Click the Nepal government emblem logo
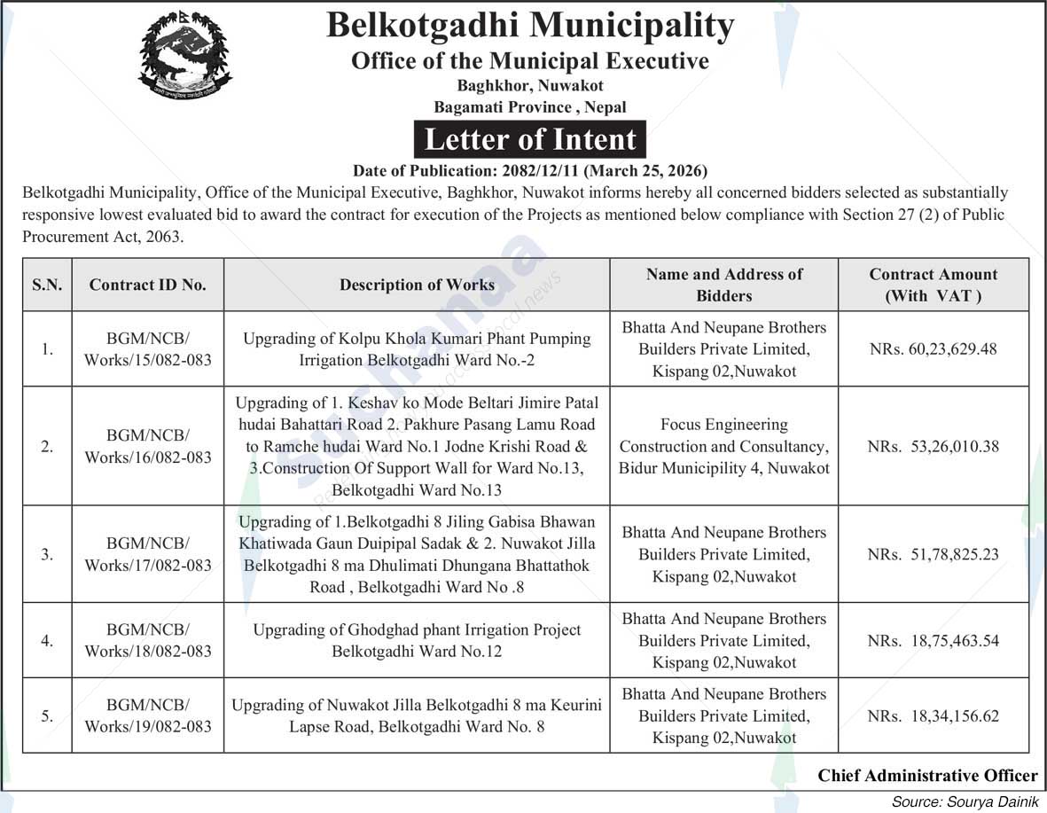[x=185, y=54]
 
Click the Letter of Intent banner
[x=530, y=140]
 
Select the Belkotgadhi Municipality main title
[x=530, y=26]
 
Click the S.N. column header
[x=47, y=285]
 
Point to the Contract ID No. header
[x=148, y=285]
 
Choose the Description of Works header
[x=417, y=285]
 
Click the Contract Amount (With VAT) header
[x=933, y=285]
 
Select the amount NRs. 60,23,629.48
[x=933, y=349]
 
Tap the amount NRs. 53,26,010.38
[x=933, y=446]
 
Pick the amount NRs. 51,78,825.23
[x=933, y=554]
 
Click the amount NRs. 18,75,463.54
[x=933, y=640]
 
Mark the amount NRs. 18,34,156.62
[x=933, y=715]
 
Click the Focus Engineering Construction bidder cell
[x=724, y=446]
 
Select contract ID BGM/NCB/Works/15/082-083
[x=148, y=349]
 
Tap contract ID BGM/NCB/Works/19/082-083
[x=148, y=715]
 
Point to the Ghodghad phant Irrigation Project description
[x=417, y=640]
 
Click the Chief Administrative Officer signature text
[x=927, y=776]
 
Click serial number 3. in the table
[x=47, y=554]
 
